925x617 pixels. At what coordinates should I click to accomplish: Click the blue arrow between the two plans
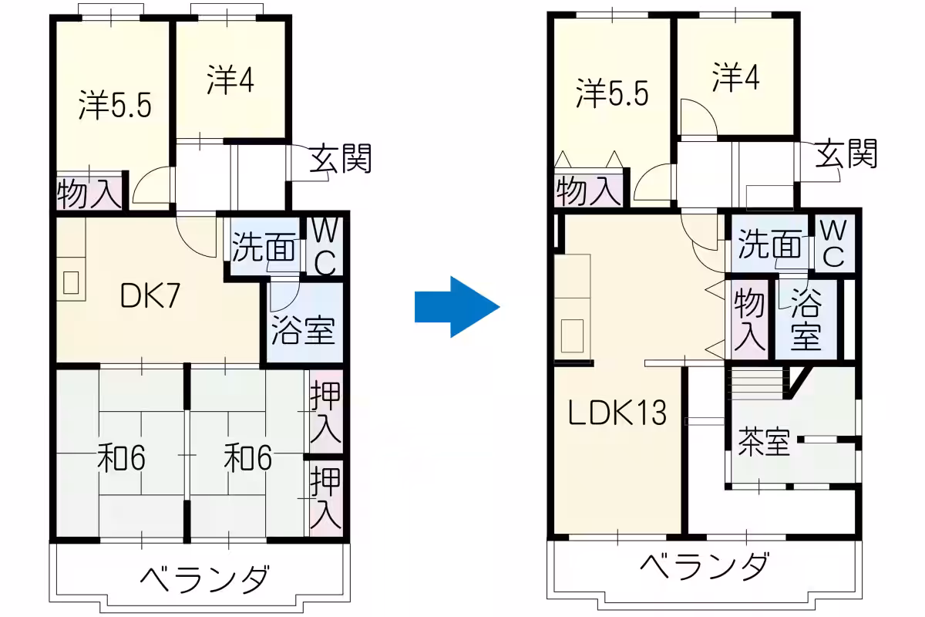click(457, 307)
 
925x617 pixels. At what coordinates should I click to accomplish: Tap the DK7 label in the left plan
click(150, 296)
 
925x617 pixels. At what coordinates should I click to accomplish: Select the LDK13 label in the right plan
click(617, 413)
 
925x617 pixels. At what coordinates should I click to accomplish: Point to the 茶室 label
click(764, 443)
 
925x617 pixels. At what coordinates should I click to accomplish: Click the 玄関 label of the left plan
click(341, 158)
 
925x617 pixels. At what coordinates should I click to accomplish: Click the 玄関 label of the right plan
click(846, 153)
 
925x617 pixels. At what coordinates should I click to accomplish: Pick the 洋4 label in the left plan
click(230, 79)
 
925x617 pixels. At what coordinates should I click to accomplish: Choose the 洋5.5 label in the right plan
click(612, 93)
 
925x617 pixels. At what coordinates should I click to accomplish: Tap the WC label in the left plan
click(325, 247)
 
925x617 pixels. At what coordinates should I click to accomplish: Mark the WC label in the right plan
click(833, 243)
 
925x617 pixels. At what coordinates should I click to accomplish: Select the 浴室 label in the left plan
click(303, 331)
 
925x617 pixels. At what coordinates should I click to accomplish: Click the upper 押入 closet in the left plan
click(326, 412)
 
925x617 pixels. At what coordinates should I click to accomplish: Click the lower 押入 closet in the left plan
click(326, 498)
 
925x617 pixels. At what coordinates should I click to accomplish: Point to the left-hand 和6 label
click(121, 458)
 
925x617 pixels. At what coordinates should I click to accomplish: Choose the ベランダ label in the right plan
click(705, 566)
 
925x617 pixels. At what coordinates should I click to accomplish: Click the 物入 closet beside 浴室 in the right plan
click(749, 319)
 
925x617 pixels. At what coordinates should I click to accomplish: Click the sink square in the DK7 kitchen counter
click(71, 283)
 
